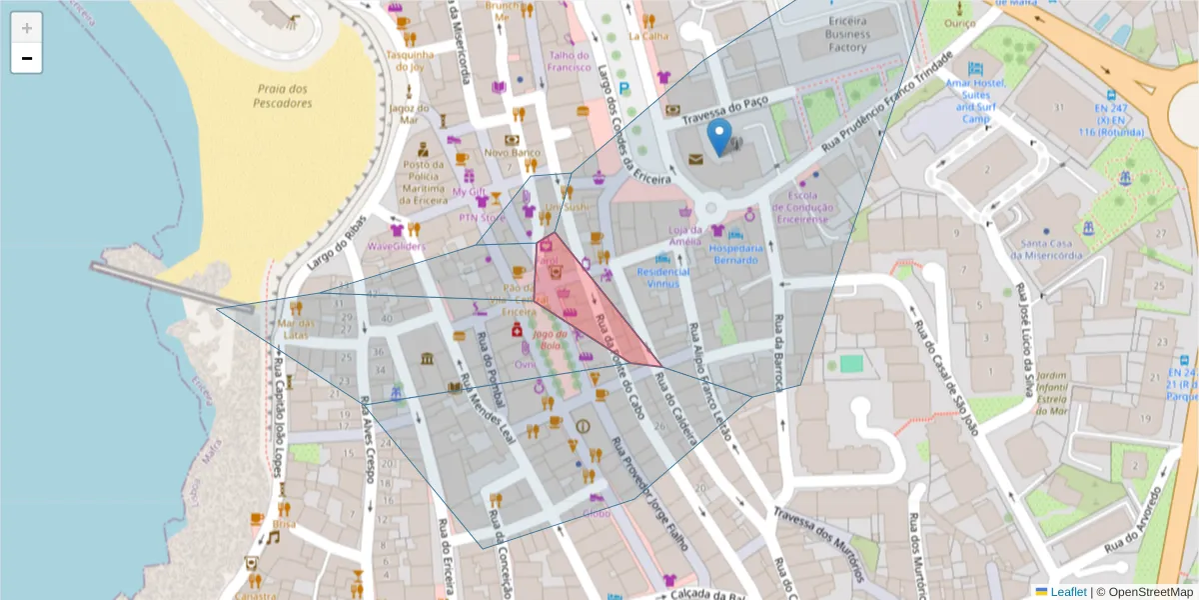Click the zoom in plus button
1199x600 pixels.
point(27,27)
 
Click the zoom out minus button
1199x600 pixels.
point(27,58)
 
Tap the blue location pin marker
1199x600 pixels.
point(718,137)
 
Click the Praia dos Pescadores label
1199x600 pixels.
point(282,96)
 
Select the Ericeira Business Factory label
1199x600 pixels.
point(846,34)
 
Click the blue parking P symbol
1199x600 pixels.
point(624,89)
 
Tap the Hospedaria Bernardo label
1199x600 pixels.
point(736,254)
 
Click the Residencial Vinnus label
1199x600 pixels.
point(663,277)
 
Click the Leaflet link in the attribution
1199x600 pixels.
point(1068,592)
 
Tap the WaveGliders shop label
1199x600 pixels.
point(396,245)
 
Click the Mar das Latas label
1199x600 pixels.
point(296,329)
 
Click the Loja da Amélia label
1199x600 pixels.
point(684,235)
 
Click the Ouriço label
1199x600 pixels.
point(959,22)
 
